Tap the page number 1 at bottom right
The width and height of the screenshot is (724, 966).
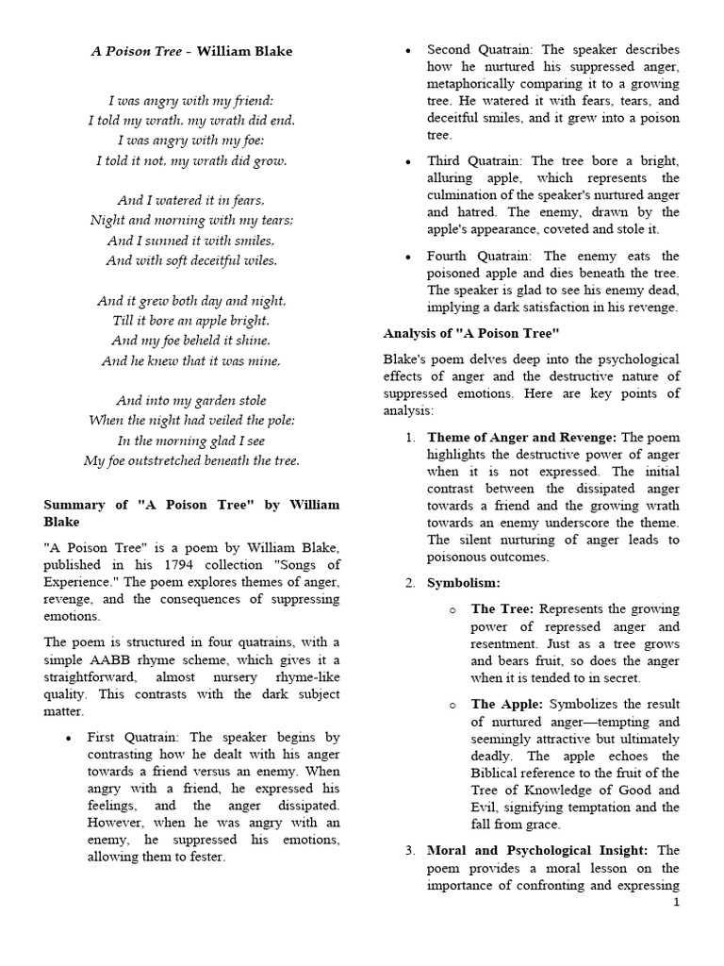[x=676, y=903]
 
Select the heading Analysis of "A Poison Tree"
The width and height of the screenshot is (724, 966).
[x=471, y=333]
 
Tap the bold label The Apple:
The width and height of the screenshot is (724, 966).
[x=506, y=704]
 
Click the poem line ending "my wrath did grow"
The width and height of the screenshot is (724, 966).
[x=191, y=160]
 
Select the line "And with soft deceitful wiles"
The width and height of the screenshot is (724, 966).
[x=191, y=260]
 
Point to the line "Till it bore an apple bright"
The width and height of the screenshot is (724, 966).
[x=191, y=321]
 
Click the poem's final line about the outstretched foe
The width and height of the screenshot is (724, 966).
[x=191, y=460]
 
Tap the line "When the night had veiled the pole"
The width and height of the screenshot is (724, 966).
[x=191, y=420]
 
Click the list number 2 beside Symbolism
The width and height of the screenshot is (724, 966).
[x=410, y=583]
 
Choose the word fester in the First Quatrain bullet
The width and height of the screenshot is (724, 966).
[x=204, y=858]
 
